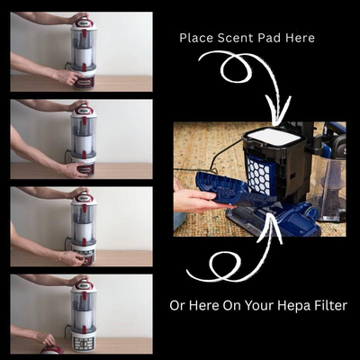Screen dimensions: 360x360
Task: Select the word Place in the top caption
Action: coord(196,38)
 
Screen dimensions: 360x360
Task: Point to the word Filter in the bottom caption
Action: coord(331,306)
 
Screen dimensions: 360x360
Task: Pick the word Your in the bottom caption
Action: coord(258,306)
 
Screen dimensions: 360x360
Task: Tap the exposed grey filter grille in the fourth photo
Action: coord(84,344)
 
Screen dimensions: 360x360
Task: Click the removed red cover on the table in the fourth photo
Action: coord(51,350)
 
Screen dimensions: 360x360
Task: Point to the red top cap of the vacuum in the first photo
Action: coord(84,25)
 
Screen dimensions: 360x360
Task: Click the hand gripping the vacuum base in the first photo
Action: coord(69,76)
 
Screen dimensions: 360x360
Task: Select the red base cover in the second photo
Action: coord(85,169)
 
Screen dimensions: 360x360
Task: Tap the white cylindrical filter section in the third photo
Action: coord(84,231)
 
